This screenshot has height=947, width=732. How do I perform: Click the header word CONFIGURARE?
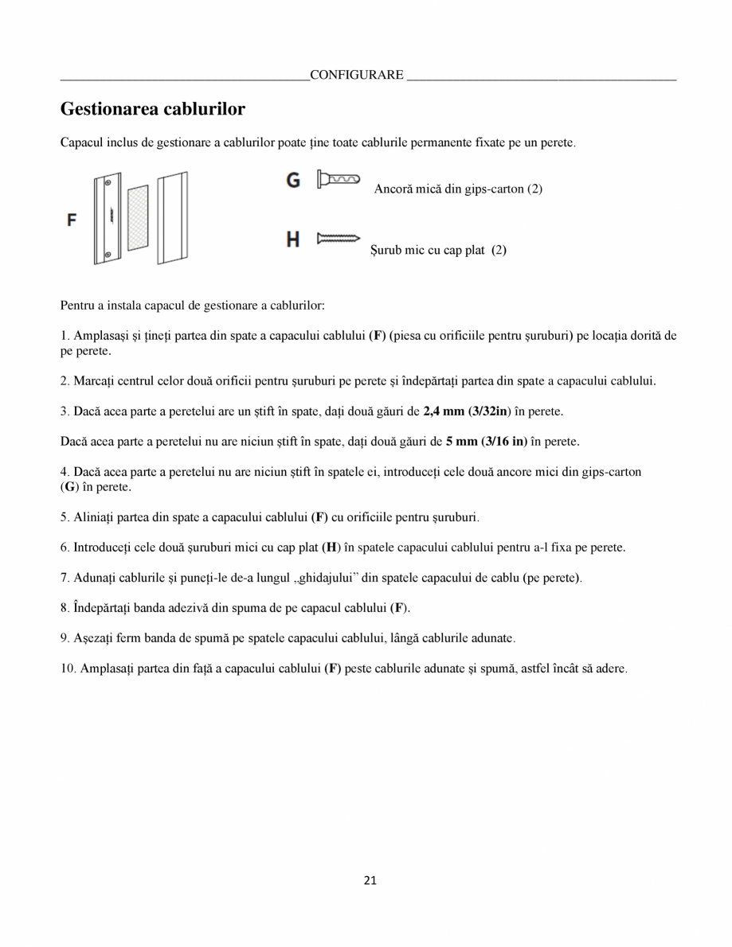356,75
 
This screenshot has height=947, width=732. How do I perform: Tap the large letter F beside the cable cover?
72,220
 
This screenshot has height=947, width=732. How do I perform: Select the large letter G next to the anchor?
293,181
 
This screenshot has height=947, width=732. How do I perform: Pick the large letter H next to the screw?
293,239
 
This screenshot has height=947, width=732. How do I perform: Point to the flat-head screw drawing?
339,238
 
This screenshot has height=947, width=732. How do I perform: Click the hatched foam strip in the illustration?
138,217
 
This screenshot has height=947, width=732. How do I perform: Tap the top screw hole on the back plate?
108,182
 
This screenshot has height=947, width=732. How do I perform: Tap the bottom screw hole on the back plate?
107,255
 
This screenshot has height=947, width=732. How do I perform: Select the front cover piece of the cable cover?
171,217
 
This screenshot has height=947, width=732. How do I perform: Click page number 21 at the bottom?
370,879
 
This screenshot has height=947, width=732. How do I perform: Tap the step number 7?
65,577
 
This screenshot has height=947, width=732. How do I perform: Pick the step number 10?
68,668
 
